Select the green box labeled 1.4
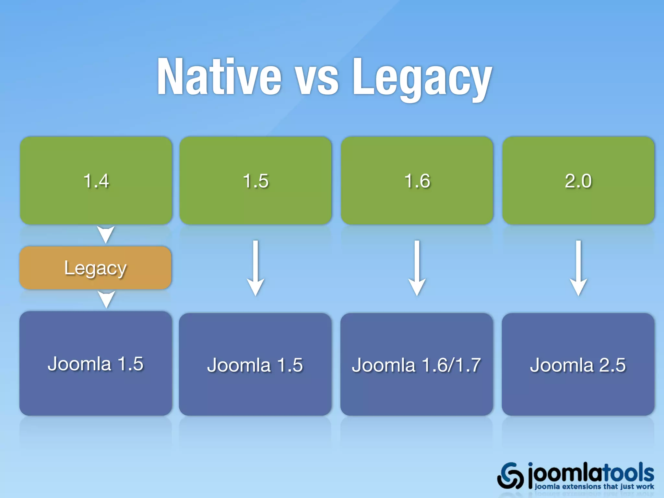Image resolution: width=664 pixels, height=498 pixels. pyautogui.click(x=96, y=180)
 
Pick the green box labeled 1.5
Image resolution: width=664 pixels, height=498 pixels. pyautogui.click(x=255, y=180)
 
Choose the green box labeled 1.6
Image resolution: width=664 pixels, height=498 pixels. pyautogui.click(x=417, y=180)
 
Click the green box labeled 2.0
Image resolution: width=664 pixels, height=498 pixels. pyautogui.click(x=578, y=180)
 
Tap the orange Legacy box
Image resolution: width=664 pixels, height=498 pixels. pyautogui.click(x=95, y=268)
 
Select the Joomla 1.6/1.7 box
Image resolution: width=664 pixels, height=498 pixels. pyautogui.click(x=417, y=364)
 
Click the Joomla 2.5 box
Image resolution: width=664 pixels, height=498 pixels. pyautogui.click(x=578, y=364)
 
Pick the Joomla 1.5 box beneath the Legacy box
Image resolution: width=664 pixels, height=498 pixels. pyautogui.click(x=96, y=363)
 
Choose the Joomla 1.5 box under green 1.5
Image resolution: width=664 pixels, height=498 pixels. pyautogui.click(x=255, y=364)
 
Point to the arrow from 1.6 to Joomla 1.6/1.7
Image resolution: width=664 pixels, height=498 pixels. pyautogui.click(x=417, y=268)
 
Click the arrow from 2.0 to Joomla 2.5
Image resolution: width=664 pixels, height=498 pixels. pyautogui.click(x=578, y=268)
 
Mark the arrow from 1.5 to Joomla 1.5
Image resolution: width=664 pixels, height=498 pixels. pyautogui.click(x=256, y=268)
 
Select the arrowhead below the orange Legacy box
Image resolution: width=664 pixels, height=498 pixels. pyautogui.click(x=106, y=299)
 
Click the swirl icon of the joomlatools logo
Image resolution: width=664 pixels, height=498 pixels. pyautogui.click(x=510, y=475)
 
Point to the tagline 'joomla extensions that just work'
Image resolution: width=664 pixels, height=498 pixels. pyautogui.click(x=594, y=486)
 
